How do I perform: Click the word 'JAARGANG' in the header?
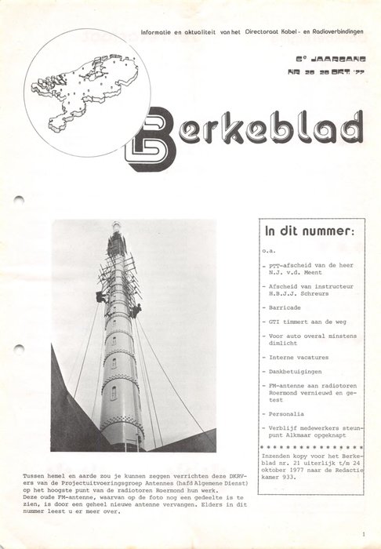point(328,58)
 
